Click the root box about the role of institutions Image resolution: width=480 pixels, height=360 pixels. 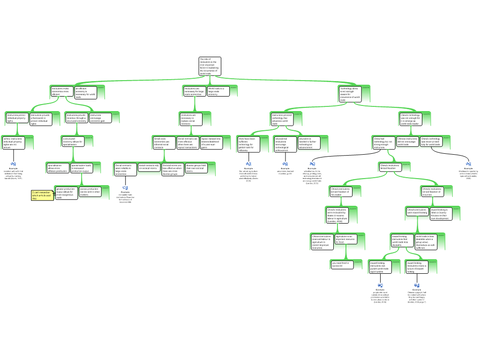209,66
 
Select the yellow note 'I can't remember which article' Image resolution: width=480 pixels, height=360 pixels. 42,195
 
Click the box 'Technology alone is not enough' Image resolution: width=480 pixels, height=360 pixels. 350,94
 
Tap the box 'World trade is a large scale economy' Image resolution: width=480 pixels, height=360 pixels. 218,91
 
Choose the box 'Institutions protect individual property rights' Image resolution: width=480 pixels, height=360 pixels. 17,118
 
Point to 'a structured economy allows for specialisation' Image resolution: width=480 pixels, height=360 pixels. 73,141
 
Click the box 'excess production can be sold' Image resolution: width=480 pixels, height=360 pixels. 90,192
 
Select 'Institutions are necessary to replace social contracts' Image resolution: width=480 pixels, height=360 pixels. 191,119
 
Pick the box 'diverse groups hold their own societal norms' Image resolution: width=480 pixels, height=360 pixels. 196,168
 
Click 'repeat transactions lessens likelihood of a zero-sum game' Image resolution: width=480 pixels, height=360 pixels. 211,142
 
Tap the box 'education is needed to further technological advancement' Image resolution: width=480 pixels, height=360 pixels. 309,143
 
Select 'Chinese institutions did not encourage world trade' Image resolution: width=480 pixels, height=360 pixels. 407,141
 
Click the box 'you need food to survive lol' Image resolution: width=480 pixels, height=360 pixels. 342,264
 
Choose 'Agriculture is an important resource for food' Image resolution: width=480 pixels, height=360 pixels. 346,239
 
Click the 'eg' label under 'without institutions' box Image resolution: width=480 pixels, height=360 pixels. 14,164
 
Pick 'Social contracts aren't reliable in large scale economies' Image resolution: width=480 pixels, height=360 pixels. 125,169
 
